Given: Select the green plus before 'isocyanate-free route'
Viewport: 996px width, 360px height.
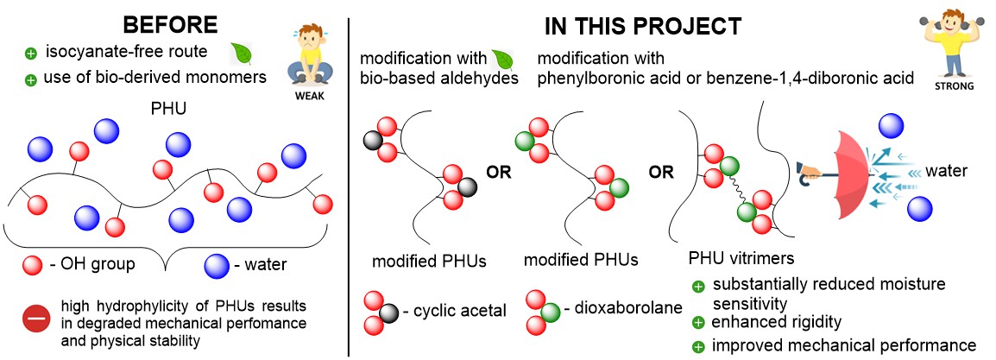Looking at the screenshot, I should coord(32,54).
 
